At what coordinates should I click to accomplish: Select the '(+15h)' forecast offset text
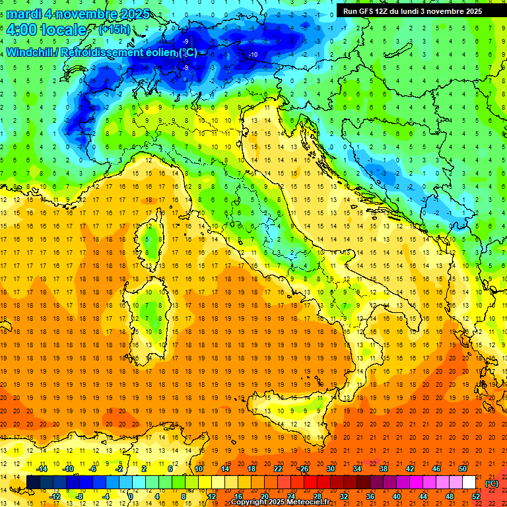tap(114, 30)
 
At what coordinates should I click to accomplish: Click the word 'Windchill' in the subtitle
tap(32, 52)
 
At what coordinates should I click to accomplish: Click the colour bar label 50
tap(462, 469)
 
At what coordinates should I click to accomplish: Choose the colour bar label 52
tap(475, 496)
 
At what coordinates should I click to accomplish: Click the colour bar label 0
tap(131, 496)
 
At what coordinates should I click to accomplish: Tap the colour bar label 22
tap(277, 469)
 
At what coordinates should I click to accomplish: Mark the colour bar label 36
tap(370, 496)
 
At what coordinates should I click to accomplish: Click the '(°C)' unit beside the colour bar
tap(492, 483)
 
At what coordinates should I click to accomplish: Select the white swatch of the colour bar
tap(469, 483)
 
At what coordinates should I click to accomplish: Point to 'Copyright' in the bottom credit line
tap(252, 502)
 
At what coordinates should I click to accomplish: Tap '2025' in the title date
tap(132, 14)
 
